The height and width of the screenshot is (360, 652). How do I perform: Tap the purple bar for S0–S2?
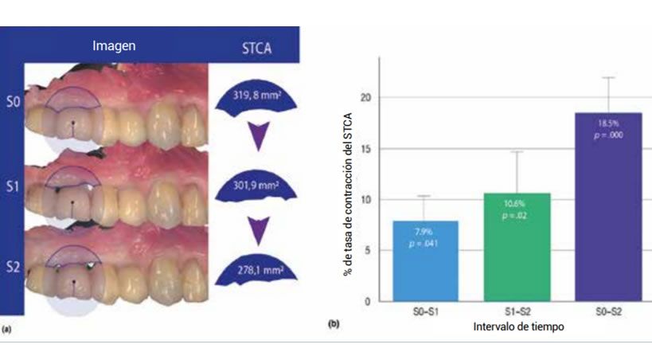(x=609, y=207)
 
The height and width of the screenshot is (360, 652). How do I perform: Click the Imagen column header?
(x=114, y=45)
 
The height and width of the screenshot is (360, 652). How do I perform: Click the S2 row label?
(x=13, y=266)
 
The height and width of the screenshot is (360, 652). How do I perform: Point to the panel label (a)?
(x=7, y=327)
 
